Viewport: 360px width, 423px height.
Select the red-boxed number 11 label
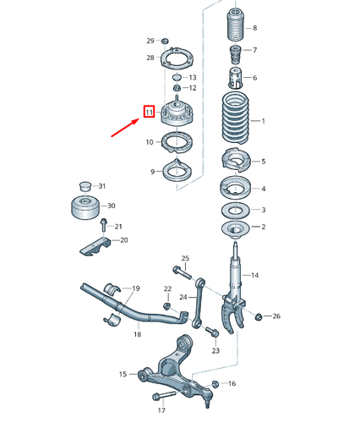point(149,112)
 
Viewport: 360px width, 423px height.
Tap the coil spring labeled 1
point(232,121)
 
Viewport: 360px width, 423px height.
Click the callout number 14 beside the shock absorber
point(256,275)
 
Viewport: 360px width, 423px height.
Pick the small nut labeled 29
point(166,41)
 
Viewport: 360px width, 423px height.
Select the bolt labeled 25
point(180,272)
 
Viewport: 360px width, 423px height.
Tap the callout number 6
point(254,78)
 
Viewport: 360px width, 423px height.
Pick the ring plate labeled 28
point(175,60)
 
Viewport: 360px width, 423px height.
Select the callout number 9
point(152,172)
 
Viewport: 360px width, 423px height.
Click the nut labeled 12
point(177,87)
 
